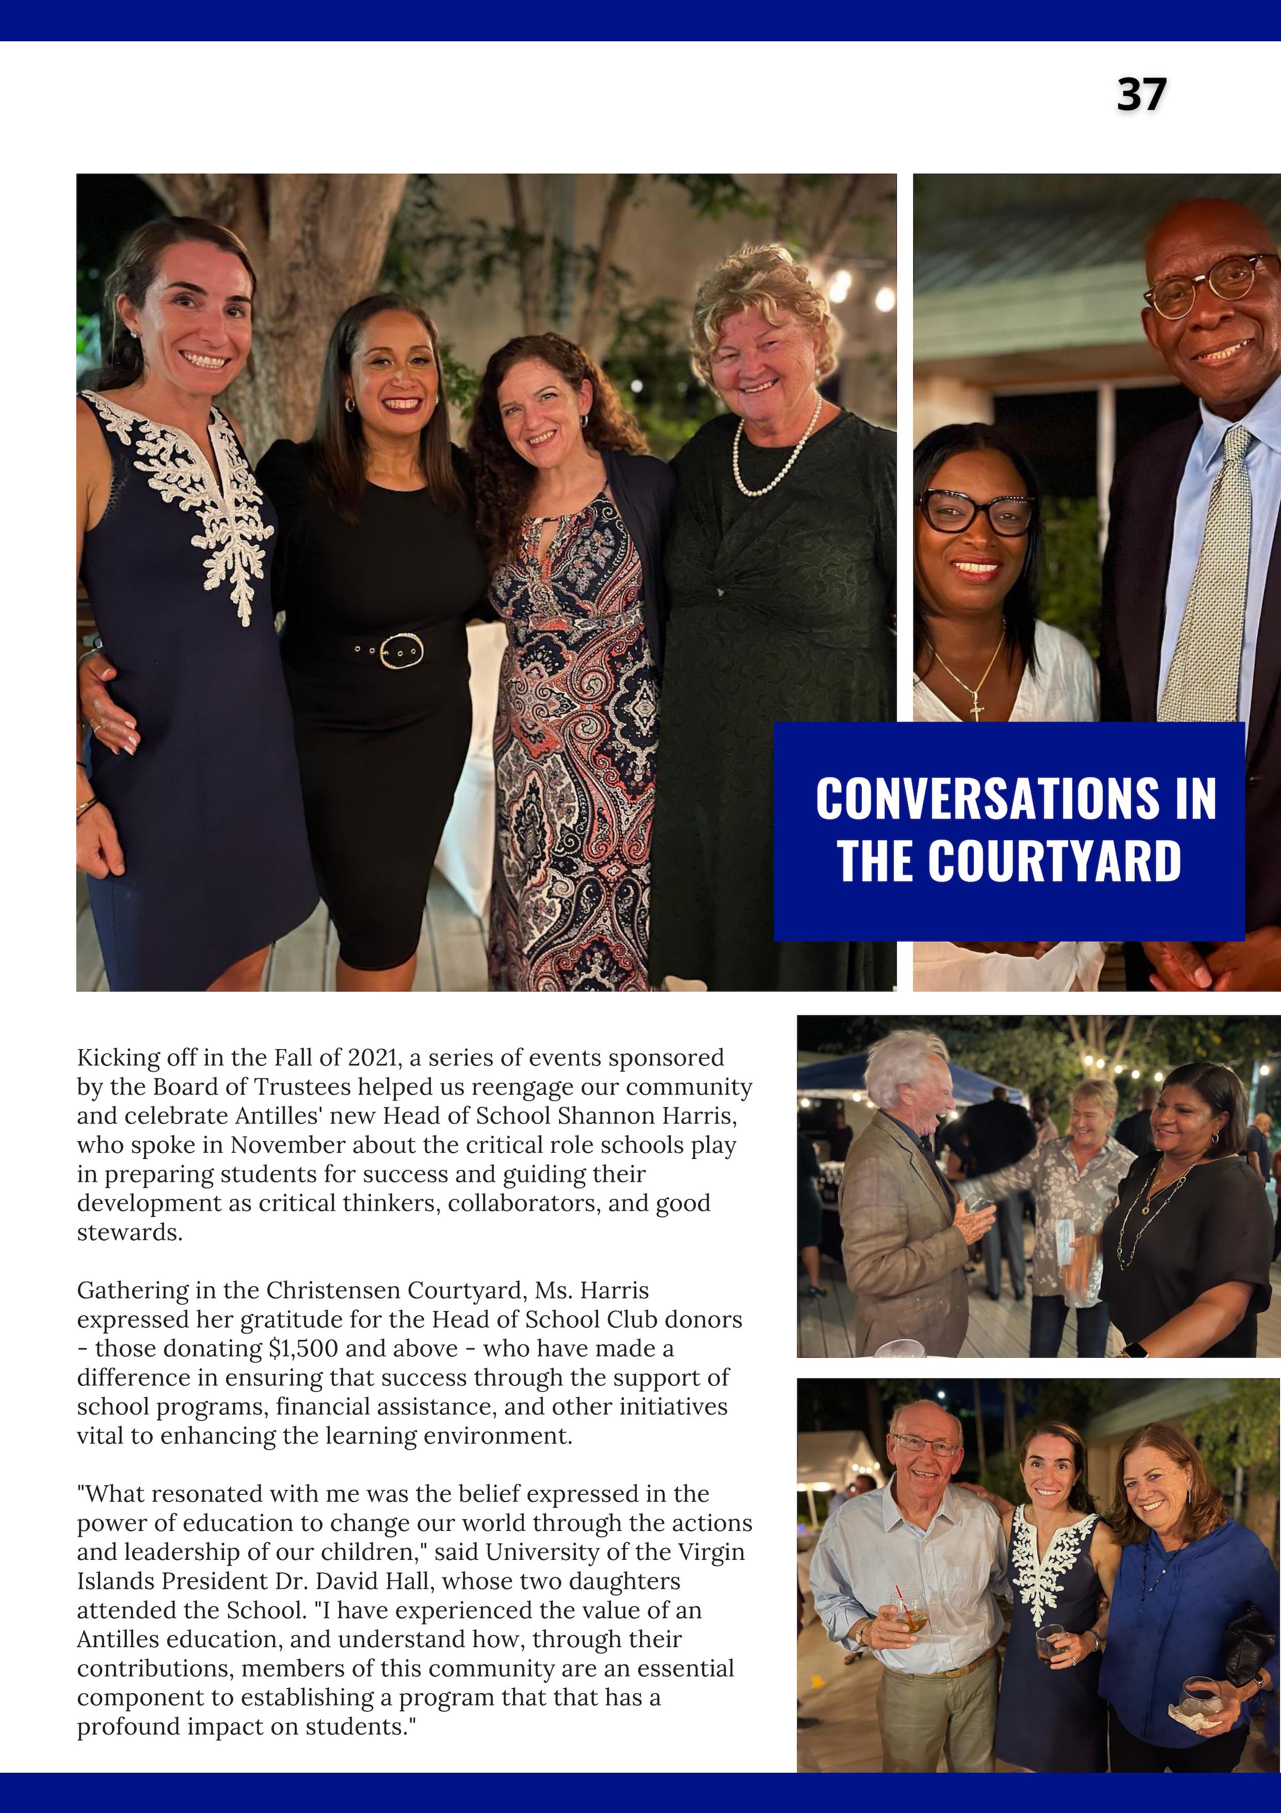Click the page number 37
pos(1141,95)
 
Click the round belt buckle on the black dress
pos(401,650)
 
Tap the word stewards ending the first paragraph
pos(130,1233)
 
